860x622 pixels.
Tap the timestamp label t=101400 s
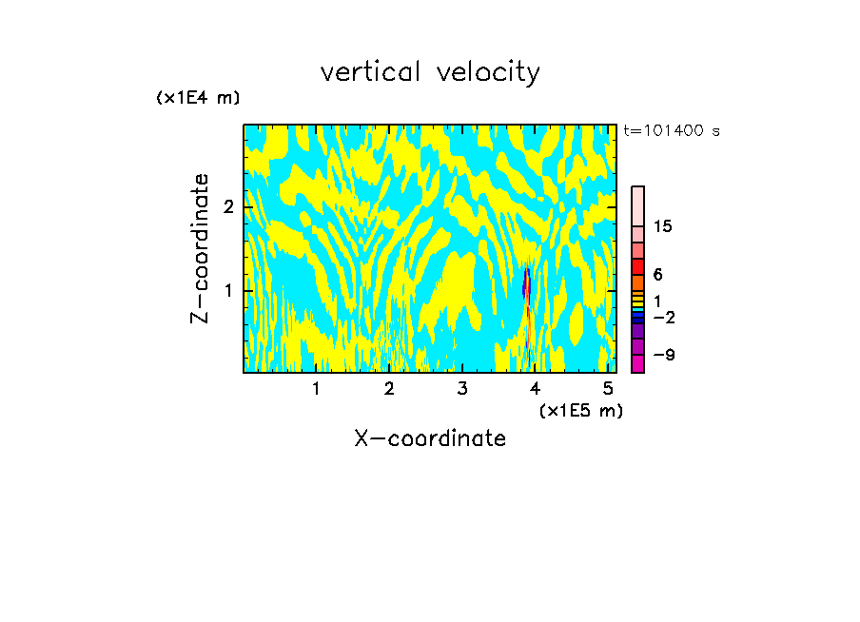coord(671,130)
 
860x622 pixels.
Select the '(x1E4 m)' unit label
coord(198,98)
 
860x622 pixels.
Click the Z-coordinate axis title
coord(200,248)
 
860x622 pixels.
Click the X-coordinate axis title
coord(430,438)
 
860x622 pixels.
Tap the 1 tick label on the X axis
coord(317,389)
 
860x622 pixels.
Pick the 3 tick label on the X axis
coord(462,389)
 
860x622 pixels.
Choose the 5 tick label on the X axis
coord(609,389)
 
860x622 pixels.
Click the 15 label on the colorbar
coord(663,226)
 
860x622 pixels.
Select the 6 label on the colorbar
coord(657,274)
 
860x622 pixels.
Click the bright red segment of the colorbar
coord(638,266)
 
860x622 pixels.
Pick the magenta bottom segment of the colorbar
coord(638,363)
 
